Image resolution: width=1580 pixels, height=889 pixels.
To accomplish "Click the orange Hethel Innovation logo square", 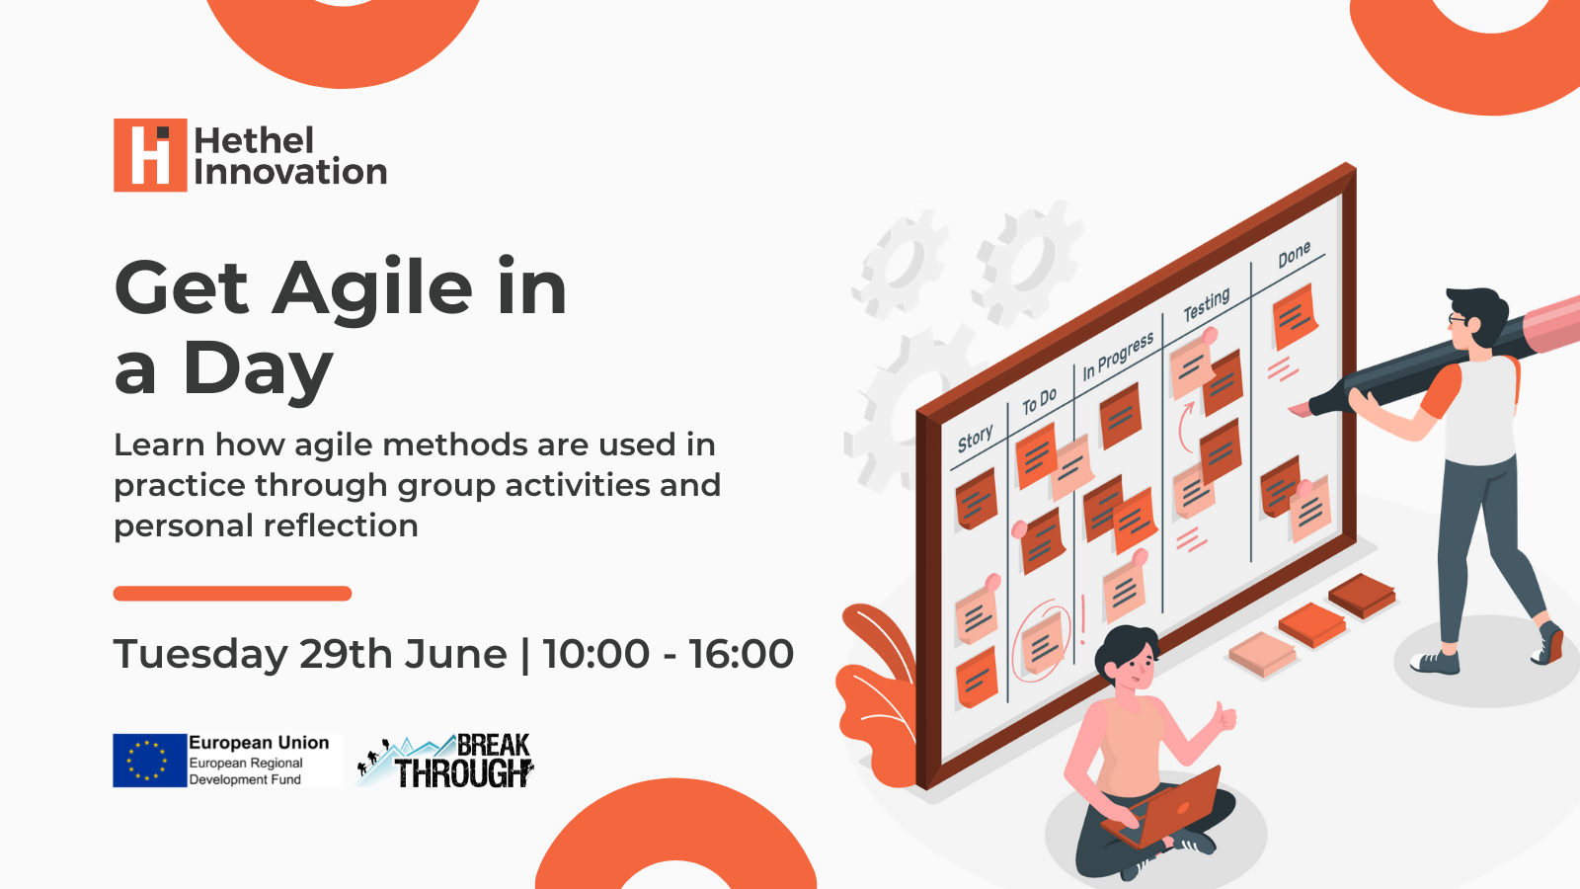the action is click(150, 154).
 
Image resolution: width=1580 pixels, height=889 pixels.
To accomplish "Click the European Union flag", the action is click(149, 761).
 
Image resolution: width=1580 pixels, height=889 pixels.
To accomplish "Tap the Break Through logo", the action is click(445, 761).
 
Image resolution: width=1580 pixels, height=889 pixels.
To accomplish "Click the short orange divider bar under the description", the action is click(232, 594).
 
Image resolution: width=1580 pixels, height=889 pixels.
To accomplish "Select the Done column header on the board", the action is click(1295, 255).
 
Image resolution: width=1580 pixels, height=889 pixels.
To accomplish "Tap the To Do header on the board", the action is click(1040, 401).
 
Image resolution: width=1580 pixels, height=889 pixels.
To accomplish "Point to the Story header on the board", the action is click(975, 439).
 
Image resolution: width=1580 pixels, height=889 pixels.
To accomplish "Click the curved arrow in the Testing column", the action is click(1185, 426).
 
